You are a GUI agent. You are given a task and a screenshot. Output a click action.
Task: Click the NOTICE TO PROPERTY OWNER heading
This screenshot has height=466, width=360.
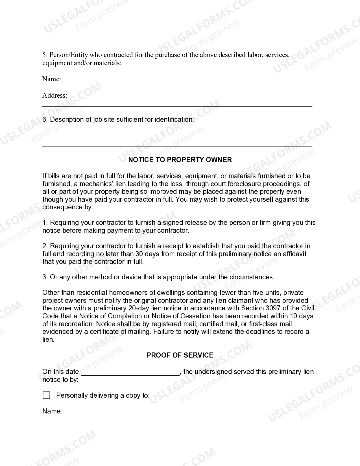(180, 160)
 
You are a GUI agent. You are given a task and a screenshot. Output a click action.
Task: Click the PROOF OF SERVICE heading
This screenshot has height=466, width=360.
(180, 355)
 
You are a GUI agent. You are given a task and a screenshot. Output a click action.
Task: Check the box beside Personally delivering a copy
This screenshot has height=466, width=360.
(46, 395)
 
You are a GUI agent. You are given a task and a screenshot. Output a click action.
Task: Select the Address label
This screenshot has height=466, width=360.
(55, 95)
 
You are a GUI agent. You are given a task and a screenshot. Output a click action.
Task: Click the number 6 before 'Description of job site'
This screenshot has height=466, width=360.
(45, 119)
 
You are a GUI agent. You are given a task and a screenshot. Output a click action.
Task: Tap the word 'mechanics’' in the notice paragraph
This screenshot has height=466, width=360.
(96, 184)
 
